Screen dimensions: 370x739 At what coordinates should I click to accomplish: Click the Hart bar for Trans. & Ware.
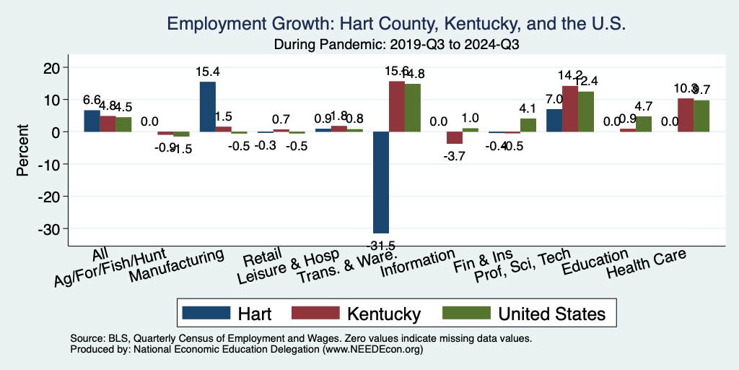(380, 182)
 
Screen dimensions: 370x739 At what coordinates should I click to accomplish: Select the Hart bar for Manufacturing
(207, 107)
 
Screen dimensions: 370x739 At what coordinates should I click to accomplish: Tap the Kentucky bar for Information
(455, 138)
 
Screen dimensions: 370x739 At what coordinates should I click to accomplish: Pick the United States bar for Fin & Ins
(528, 125)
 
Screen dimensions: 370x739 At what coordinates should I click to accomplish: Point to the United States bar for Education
(644, 124)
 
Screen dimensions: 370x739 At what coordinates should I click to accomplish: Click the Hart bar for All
(92, 121)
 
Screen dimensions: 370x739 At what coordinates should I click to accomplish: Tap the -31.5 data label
(380, 245)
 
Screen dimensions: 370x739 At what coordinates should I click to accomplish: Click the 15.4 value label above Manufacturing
(207, 72)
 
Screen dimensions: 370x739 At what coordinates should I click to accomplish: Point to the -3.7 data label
(455, 155)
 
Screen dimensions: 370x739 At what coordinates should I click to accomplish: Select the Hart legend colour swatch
(206, 313)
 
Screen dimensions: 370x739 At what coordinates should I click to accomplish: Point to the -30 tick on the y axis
(58, 228)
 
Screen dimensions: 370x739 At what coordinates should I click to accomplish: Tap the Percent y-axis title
(23, 148)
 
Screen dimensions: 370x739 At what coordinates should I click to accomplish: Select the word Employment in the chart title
(214, 25)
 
